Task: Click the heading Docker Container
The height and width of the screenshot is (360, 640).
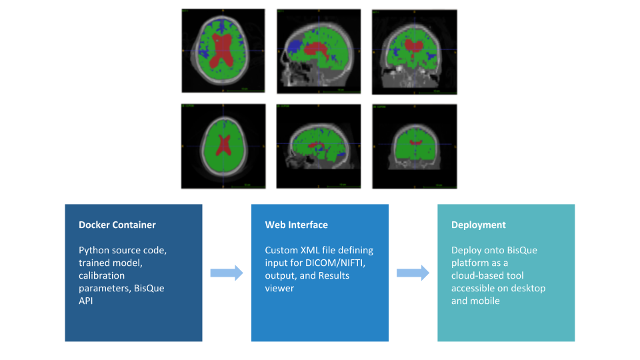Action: click(117, 225)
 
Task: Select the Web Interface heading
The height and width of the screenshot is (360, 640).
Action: click(297, 225)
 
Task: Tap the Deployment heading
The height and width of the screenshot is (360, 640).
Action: click(479, 225)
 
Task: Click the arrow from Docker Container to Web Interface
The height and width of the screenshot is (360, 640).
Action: click(227, 273)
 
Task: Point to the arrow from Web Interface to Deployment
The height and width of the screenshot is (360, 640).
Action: click(413, 273)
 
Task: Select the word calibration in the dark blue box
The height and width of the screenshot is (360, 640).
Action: click(101, 276)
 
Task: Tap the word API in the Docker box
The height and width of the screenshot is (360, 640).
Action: click(87, 301)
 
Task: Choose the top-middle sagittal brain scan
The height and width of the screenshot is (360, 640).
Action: click(319, 51)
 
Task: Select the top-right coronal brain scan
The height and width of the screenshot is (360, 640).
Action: click(414, 51)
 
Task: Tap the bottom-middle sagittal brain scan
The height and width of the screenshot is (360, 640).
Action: click(319, 146)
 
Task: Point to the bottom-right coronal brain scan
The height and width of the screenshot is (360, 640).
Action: click(414, 146)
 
